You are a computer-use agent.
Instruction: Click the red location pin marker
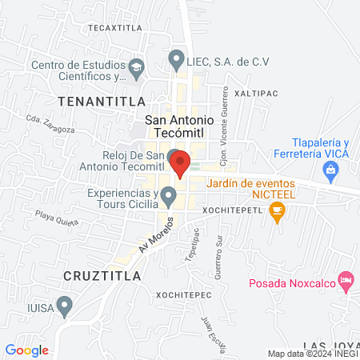coord(181,162)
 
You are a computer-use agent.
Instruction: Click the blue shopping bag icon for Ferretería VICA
coord(329,170)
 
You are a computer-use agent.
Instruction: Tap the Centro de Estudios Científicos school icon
coord(136,66)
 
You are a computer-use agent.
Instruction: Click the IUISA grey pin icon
coord(66,304)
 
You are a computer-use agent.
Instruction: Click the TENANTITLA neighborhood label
coord(102,101)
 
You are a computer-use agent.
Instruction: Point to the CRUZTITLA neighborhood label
coord(102,275)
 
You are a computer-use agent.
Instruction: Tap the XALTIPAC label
coord(257,93)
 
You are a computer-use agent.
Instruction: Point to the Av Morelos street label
coord(155,234)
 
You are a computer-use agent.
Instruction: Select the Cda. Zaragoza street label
coord(50,124)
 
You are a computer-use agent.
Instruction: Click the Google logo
coord(26,350)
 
